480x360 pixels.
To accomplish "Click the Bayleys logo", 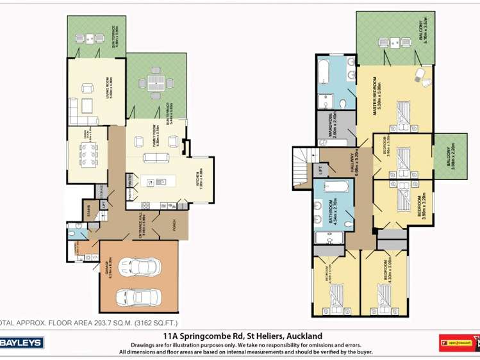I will click(22, 343).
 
